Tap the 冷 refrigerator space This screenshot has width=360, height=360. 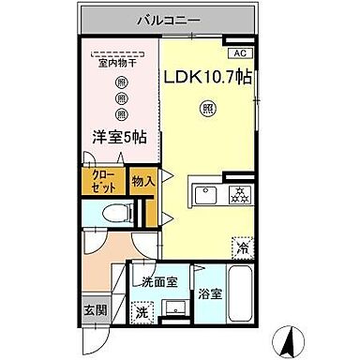pyautogui.click(x=243, y=248)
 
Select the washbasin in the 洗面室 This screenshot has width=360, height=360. pyautogui.click(x=173, y=309)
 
